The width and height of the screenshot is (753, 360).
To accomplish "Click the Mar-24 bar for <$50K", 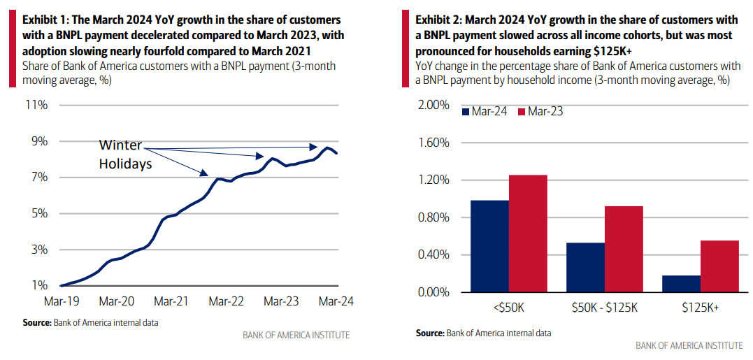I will (489, 246).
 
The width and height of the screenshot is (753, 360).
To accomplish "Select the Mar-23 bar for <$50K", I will (528, 233).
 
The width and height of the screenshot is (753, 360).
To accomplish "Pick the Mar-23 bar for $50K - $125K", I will (624, 249).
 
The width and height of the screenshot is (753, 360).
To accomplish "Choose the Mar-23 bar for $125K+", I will (719, 266).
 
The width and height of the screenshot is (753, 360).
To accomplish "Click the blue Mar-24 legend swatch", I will (465, 112).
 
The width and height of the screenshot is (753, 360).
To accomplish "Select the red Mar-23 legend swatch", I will (521, 112).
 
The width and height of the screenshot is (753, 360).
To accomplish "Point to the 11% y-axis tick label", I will (36, 106).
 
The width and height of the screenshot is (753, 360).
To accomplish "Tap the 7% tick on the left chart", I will (39, 178).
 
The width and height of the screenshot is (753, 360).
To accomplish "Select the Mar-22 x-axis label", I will (226, 301).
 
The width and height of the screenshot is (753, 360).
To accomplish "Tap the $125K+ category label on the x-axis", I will (700, 305).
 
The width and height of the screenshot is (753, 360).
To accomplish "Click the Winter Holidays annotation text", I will (124, 154).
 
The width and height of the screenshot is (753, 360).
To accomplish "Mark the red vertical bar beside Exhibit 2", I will (406, 49).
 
